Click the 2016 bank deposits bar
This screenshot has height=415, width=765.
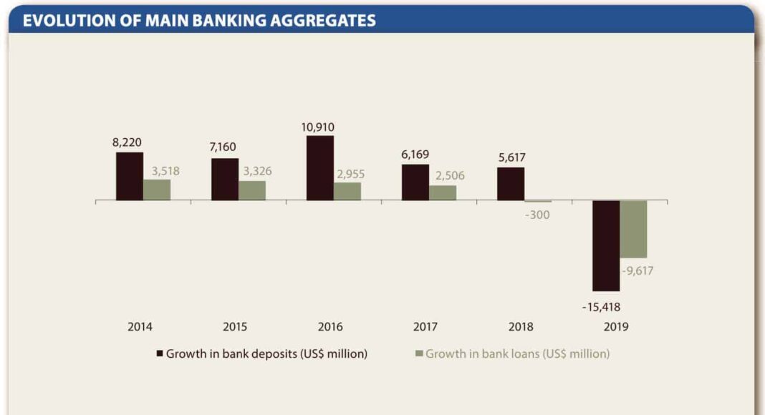320,168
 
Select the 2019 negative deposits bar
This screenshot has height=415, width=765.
606,245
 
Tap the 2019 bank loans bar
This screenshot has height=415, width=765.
633,229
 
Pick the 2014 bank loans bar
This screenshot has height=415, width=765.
157,190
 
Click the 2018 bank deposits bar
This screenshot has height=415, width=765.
511,184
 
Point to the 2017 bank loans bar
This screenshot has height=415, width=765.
443,192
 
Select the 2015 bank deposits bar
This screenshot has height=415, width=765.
225,180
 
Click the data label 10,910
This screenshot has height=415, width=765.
319,127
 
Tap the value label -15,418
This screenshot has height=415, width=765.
601,307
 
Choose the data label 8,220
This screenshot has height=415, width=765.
127,142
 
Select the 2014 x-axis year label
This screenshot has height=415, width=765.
140,327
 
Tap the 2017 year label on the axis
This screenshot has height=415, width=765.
425,327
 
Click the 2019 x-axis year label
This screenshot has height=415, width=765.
616,327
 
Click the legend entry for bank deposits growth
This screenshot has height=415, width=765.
262,353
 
